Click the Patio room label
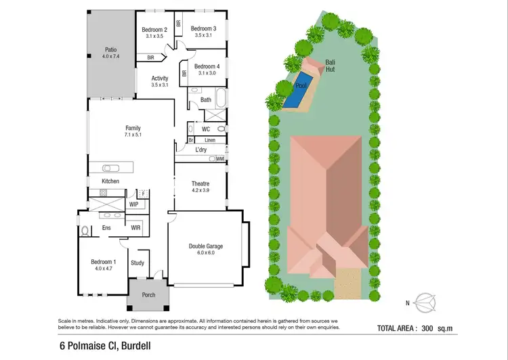(110, 49)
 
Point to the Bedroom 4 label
(207, 66)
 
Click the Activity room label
(160, 78)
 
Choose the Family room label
(133, 127)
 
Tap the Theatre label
(200, 183)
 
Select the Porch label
(148, 295)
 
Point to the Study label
(137, 263)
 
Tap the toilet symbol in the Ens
(85, 231)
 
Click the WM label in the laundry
(220, 159)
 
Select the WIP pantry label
(133, 203)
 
